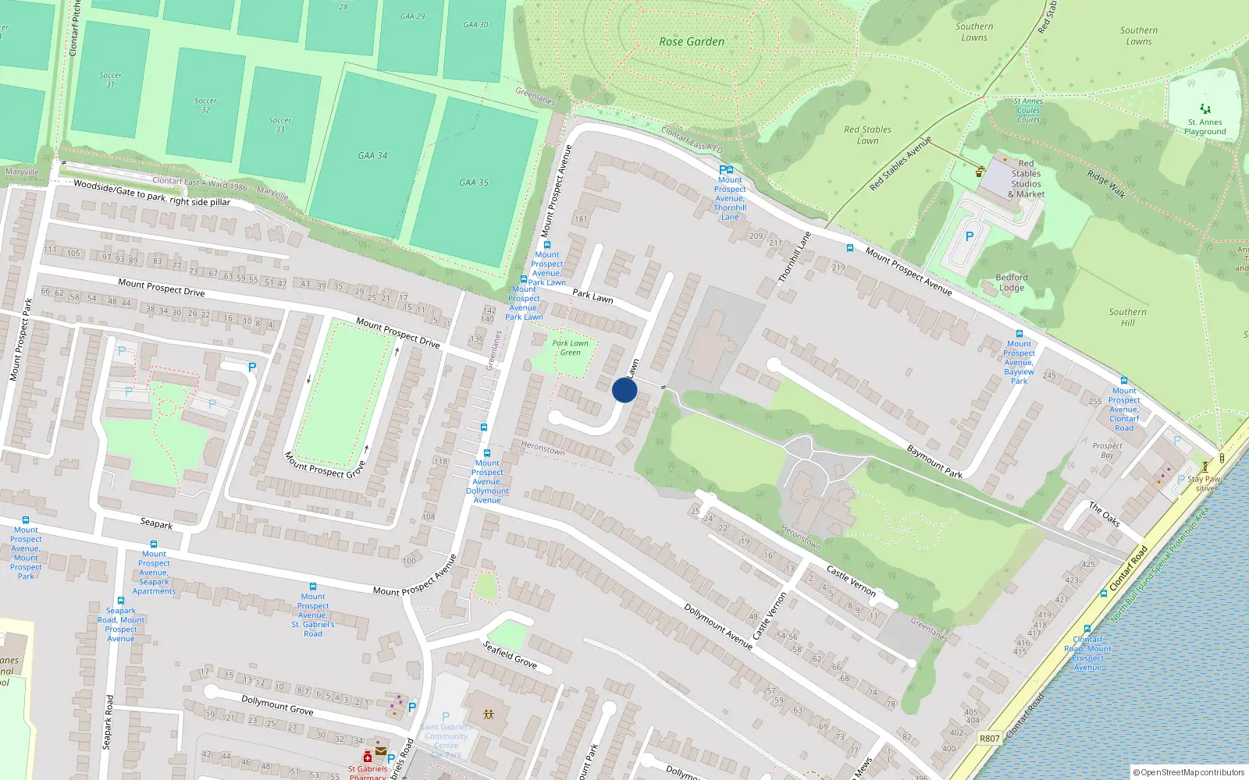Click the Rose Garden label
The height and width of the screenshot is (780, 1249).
692,42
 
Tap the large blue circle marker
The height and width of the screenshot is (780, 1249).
624,390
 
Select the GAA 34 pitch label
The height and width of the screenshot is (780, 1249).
372,155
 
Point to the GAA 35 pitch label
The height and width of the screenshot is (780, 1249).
473,183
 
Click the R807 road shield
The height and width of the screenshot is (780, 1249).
989,738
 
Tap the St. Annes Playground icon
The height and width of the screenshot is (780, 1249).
1205,109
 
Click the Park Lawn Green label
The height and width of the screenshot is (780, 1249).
571,348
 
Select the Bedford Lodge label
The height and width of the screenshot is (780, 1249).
1012,282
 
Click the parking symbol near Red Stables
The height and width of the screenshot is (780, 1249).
970,236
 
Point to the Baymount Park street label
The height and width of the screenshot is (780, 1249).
934,461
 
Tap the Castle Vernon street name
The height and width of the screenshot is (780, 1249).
851,581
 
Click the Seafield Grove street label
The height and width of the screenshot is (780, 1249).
510,654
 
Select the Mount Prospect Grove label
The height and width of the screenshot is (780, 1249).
324,465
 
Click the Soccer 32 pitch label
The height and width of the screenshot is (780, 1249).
205,105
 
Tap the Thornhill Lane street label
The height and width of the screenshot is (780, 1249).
795,257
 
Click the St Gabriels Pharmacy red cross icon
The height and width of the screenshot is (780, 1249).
367,757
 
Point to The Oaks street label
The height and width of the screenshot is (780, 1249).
1105,514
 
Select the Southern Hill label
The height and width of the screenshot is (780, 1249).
1127,317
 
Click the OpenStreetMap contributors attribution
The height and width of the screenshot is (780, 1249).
1191,772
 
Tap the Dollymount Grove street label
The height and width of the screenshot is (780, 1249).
277,705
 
